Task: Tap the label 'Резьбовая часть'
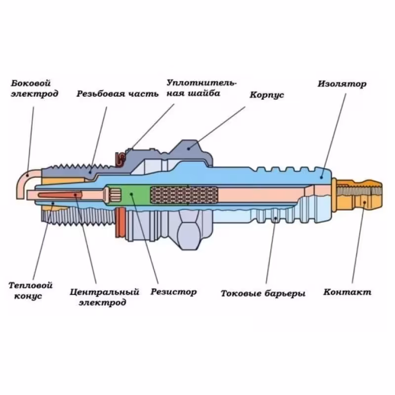point(117,94)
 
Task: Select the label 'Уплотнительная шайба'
point(201,87)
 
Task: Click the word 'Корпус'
point(267,95)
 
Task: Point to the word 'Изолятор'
point(342,84)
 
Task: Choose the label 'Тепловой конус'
point(31,290)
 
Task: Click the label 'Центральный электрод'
point(104,296)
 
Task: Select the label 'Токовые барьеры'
point(263,293)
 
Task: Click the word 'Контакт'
point(347,292)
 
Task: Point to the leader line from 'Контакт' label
point(358,242)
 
